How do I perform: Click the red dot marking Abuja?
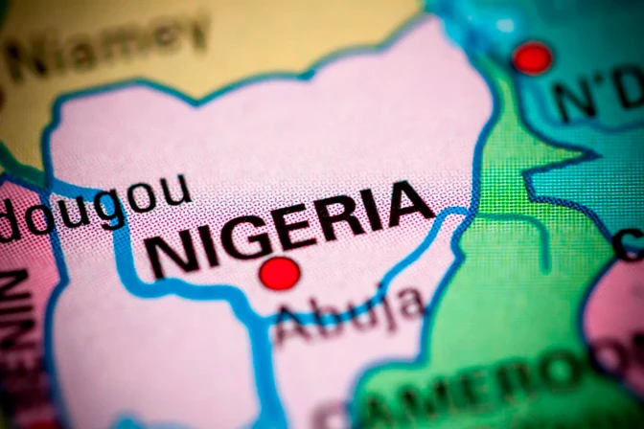pos(280,273)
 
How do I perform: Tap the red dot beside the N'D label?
pos(532,57)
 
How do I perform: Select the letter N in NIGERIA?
pos(169,258)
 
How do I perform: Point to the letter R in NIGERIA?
pos(349,216)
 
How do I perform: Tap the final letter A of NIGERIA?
pos(407,203)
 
